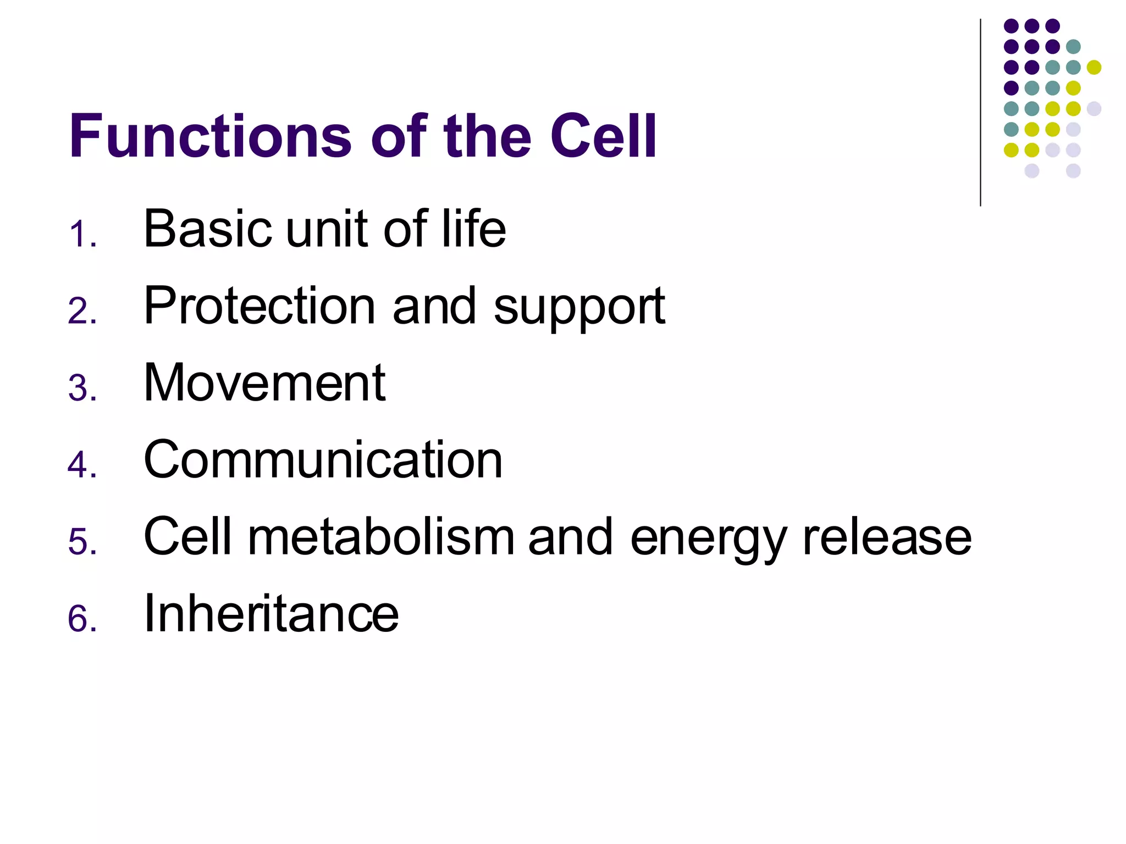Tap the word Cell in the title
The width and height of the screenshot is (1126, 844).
point(603,136)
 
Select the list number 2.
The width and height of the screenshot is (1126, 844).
point(82,311)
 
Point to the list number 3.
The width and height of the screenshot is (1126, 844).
point(82,388)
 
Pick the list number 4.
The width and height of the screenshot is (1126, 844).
point(82,465)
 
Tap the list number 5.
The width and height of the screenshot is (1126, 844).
point(82,542)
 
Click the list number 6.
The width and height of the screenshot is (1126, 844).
point(82,619)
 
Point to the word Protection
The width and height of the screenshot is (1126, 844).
point(260,306)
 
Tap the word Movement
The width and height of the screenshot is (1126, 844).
point(264,383)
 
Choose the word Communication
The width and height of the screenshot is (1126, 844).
point(323,460)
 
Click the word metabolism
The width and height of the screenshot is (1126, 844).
point(381,537)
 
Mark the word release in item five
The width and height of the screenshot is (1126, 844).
point(887,537)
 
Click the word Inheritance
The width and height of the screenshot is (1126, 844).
point(271,614)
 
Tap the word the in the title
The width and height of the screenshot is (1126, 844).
point(487,136)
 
